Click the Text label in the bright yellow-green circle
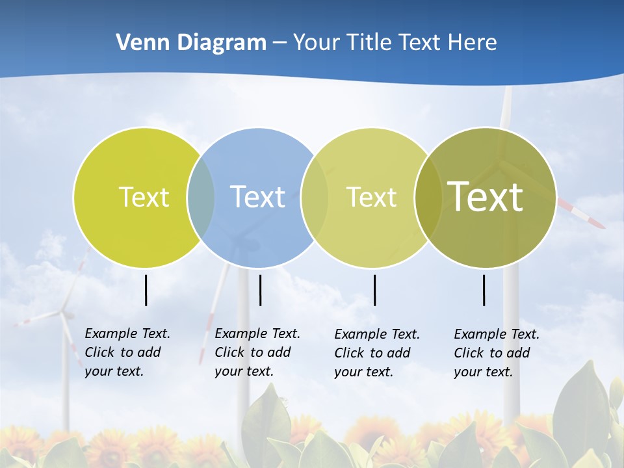(x=144, y=197)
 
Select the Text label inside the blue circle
(x=258, y=197)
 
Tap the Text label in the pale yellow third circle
(x=371, y=197)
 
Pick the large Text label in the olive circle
(x=486, y=197)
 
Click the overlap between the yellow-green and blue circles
(x=201, y=197)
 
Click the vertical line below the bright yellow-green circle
(x=146, y=290)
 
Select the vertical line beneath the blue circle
(x=260, y=290)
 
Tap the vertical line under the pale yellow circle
(x=374, y=290)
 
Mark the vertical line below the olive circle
(x=484, y=290)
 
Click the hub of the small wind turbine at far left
(x=63, y=314)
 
